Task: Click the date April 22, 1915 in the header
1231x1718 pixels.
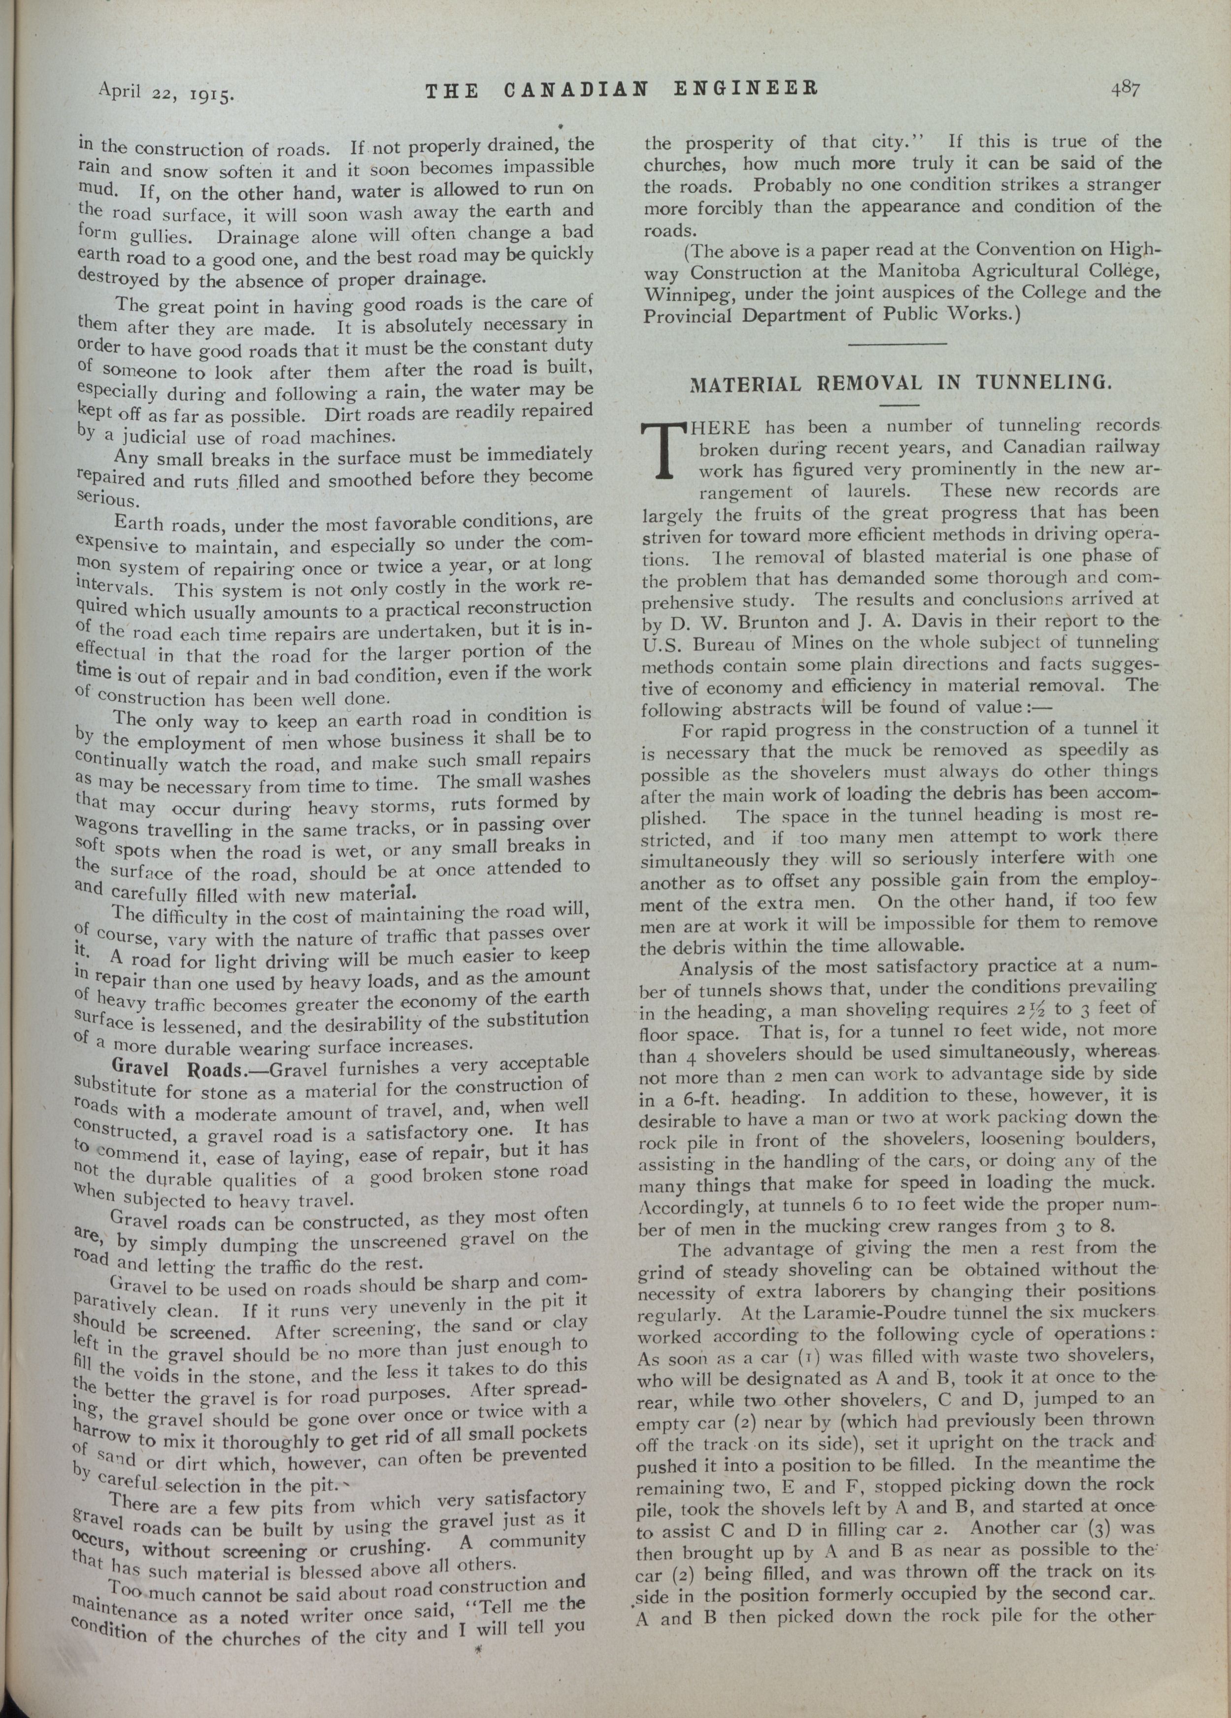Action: pyautogui.click(x=167, y=93)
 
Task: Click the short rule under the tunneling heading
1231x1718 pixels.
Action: pyautogui.click(x=899, y=405)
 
